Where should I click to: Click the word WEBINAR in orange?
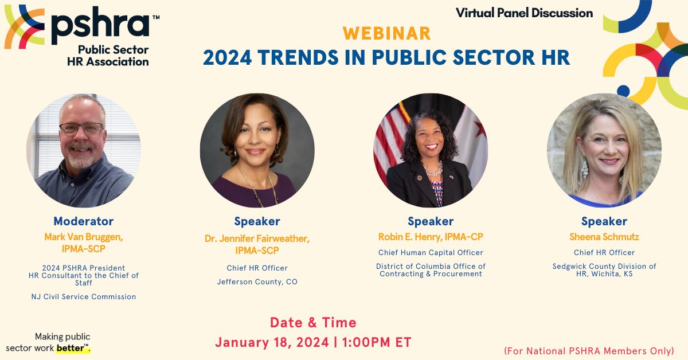pyautogui.click(x=387, y=33)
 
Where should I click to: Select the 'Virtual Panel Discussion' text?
pyautogui.click(x=524, y=12)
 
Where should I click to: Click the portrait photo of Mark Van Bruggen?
pyautogui.click(x=84, y=150)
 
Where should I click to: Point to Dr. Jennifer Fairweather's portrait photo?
pyautogui.click(x=257, y=150)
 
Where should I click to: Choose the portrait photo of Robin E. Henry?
pyautogui.click(x=431, y=150)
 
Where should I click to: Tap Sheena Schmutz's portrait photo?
pyautogui.click(x=604, y=150)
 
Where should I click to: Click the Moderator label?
pyautogui.click(x=84, y=221)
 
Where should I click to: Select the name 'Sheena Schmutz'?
pyautogui.click(x=604, y=237)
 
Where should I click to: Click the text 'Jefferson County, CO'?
pyautogui.click(x=257, y=281)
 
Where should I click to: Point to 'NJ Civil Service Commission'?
pyautogui.click(x=84, y=296)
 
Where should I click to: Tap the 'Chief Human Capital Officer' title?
pyautogui.click(x=431, y=252)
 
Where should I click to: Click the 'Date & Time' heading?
pyautogui.click(x=313, y=322)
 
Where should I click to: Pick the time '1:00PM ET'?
pyautogui.click(x=376, y=342)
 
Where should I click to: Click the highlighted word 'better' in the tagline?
pyautogui.click(x=72, y=348)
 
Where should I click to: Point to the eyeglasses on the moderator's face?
pyautogui.click(x=81, y=128)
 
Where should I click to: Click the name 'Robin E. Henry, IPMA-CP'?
pyautogui.click(x=431, y=237)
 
